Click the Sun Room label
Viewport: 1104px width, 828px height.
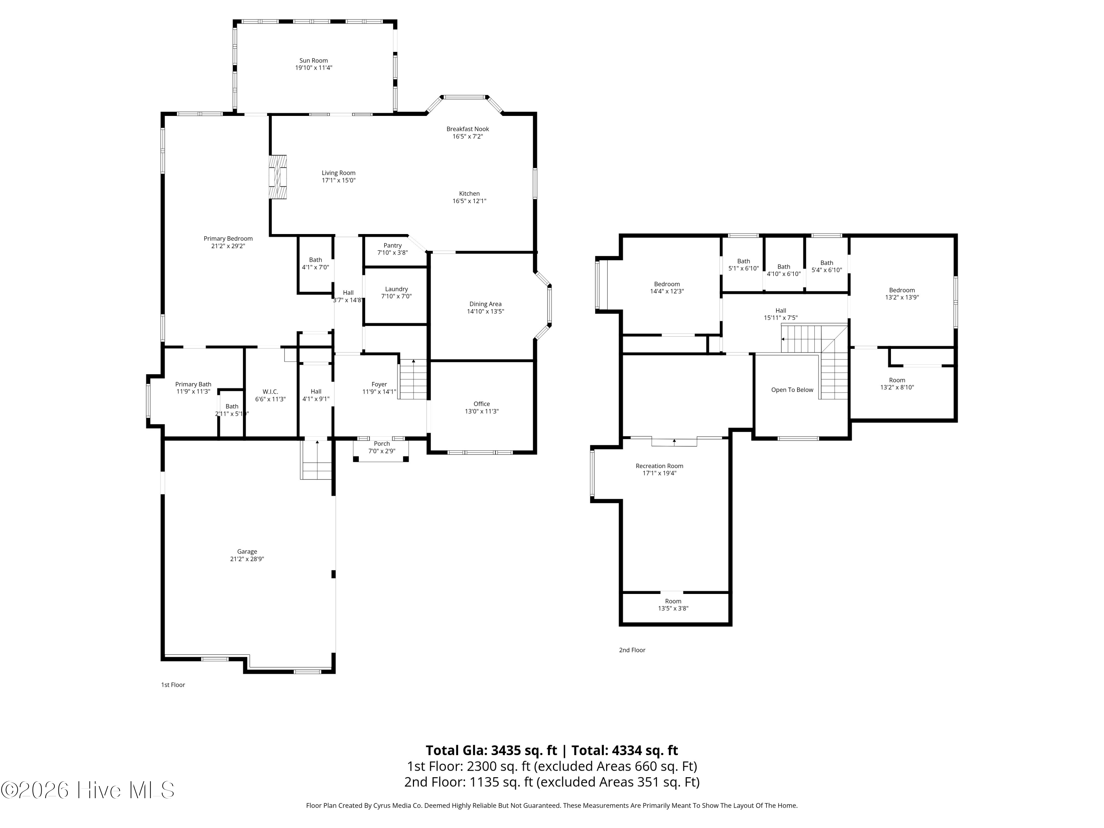pyautogui.click(x=314, y=61)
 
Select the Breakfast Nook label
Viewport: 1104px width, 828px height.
pyautogui.click(x=468, y=129)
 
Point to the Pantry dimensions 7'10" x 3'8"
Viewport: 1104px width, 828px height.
pyautogui.click(x=393, y=252)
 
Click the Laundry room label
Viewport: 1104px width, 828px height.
pyautogui.click(x=396, y=289)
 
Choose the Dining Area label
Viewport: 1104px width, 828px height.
pyautogui.click(x=485, y=304)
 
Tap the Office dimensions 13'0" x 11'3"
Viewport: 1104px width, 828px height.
pyautogui.click(x=482, y=411)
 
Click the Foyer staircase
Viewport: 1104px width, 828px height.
pyautogui.click(x=413, y=379)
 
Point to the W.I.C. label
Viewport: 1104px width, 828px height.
pyautogui.click(x=270, y=392)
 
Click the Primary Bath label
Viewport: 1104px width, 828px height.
pyautogui.click(x=193, y=384)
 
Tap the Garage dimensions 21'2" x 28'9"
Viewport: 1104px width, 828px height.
pyautogui.click(x=247, y=559)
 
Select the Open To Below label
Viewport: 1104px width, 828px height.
pyautogui.click(x=792, y=390)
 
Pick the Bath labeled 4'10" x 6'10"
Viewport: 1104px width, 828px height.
pyautogui.click(x=783, y=270)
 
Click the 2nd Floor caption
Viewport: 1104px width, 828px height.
pyautogui.click(x=632, y=650)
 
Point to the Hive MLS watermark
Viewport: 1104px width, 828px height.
pyautogui.click(x=88, y=790)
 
